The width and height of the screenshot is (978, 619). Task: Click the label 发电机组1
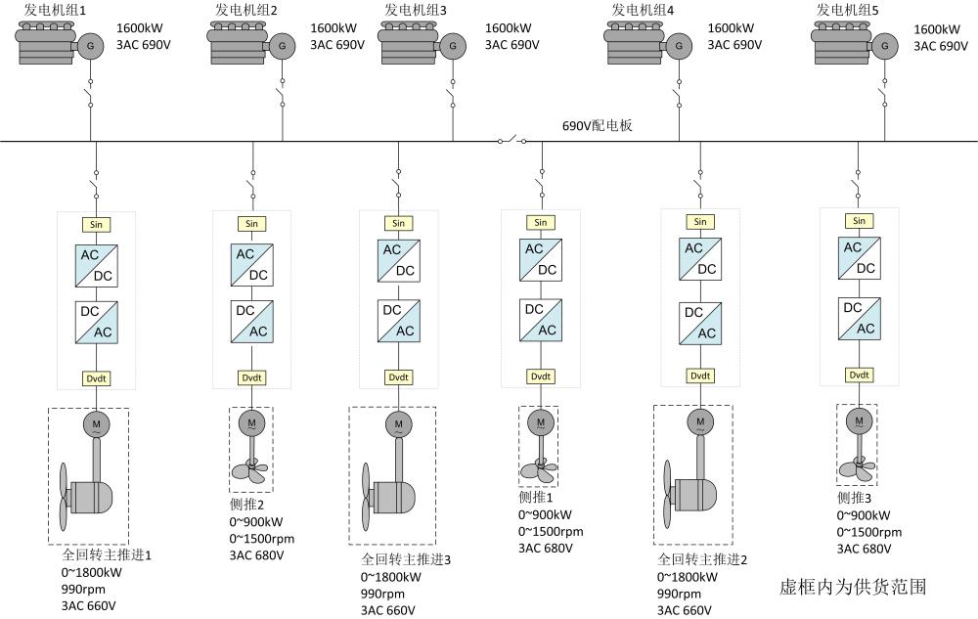[55, 11]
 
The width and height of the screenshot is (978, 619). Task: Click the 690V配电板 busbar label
[597, 126]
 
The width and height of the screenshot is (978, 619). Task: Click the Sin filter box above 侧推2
[252, 223]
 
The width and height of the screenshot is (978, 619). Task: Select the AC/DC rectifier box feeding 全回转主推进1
[96, 264]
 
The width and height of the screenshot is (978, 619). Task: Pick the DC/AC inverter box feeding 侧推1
[540, 319]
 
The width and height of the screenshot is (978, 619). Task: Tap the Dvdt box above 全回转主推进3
[398, 377]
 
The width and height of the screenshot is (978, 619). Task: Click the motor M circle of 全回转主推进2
[699, 422]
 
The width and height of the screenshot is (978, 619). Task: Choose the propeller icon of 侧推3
[858, 464]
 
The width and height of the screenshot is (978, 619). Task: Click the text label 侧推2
[245, 504]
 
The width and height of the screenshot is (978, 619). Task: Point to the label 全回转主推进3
[406, 559]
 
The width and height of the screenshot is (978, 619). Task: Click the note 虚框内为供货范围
[852, 587]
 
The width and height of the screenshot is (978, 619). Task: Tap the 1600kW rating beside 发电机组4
[733, 28]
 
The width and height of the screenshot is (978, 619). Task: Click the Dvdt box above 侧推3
[859, 376]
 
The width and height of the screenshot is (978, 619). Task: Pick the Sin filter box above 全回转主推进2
[699, 222]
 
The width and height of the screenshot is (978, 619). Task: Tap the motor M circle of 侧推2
[251, 421]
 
